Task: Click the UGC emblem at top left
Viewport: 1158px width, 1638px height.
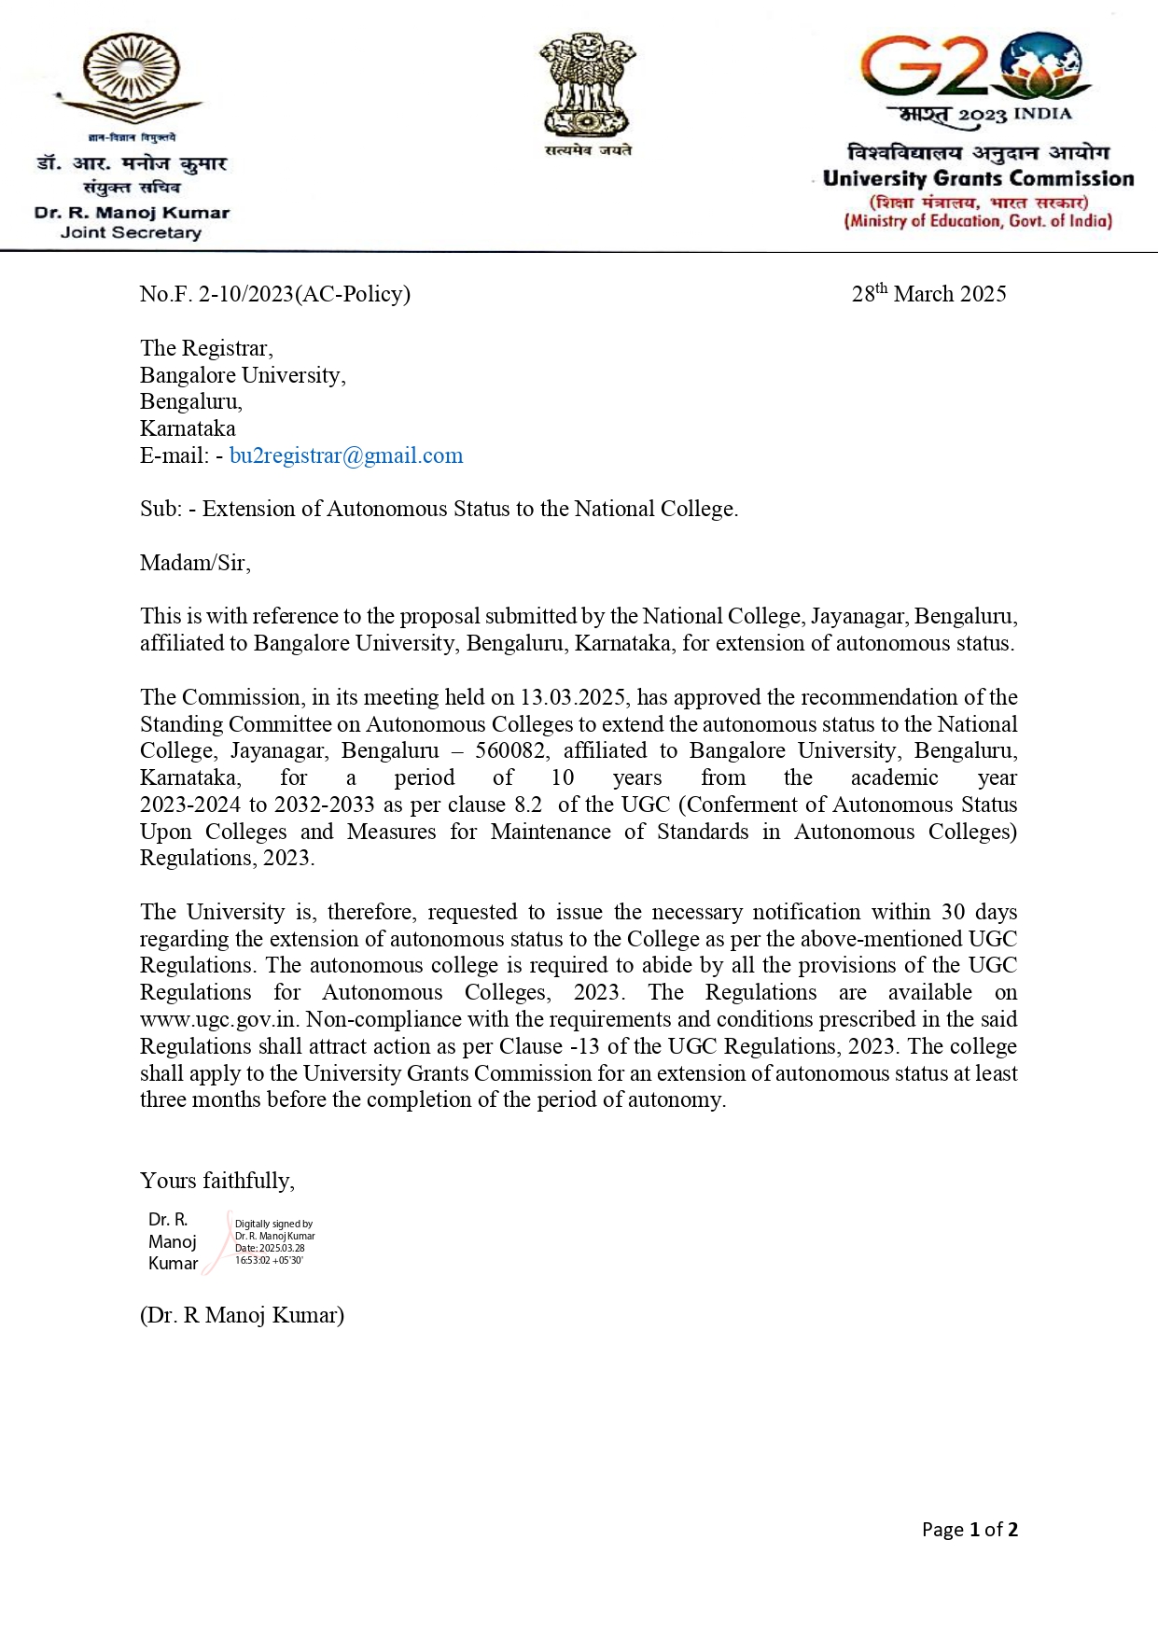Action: (x=132, y=79)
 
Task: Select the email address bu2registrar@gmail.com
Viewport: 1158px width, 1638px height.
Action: (x=346, y=455)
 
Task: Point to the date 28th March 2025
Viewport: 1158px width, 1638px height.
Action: (x=928, y=294)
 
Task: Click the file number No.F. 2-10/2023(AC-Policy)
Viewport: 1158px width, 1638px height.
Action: (x=275, y=294)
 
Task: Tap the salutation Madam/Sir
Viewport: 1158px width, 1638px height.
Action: (x=195, y=563)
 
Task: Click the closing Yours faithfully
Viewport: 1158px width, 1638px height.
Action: (x=217, y=1181)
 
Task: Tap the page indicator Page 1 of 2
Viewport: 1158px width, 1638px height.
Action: (x=970, y=1529)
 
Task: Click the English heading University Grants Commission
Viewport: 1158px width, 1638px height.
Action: (x=978, y=178)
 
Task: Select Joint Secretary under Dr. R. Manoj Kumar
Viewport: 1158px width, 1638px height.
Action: (x=131, y=232)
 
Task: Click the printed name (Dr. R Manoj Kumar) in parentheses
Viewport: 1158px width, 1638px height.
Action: (x=242, y=1315)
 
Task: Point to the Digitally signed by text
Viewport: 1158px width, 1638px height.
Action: (x=273, y=1224)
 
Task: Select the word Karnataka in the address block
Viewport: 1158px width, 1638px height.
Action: (x=188, y=428)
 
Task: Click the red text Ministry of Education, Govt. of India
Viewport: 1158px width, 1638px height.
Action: (x=978, y=221)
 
